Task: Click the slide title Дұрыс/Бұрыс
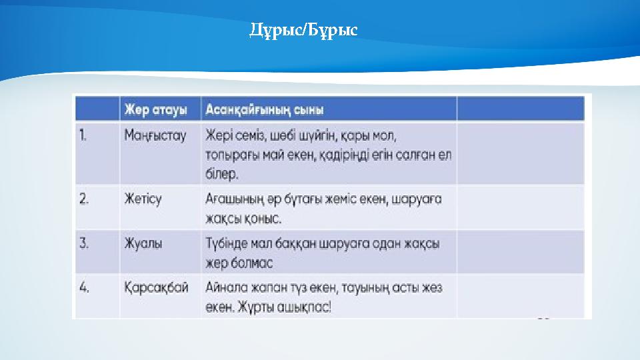303,30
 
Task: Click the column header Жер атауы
155,109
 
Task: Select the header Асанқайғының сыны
265,109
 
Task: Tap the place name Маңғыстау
155,135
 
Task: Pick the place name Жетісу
143,199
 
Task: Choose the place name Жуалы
143,243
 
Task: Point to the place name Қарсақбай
156,287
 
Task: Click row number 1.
83,135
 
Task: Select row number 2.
84,199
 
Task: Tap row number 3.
84,243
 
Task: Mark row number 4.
84,287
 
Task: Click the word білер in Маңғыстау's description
221,174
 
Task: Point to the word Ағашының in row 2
230,199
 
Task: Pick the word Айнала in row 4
225,287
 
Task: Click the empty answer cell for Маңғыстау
520,153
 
